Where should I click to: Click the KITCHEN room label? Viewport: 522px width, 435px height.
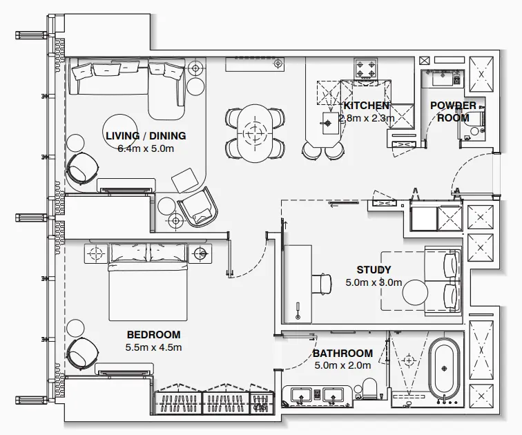pos(366,106)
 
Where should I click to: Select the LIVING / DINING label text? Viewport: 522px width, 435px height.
pos(146,136)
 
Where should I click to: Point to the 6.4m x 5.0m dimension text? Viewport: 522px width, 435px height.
pos(146,148)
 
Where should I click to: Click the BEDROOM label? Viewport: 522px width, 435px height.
pos(153,336)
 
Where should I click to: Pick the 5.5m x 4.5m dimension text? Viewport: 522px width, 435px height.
pos(153,348)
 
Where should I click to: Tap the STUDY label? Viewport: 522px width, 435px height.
pos(374,270)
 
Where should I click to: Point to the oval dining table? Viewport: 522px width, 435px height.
pos(255,131)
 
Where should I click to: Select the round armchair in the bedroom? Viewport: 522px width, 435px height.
pos(83,353)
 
